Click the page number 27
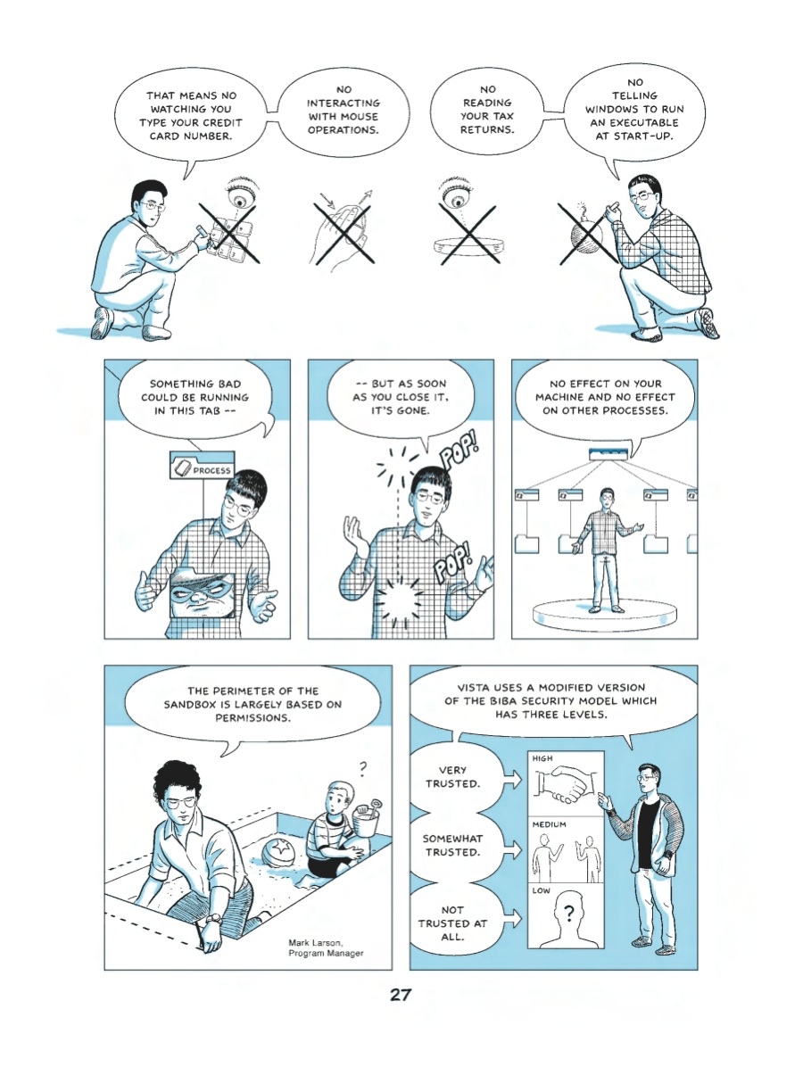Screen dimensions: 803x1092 (401, 995)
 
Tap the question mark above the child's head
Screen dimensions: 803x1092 (362, 769)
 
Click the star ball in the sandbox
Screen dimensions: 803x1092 (279, 852)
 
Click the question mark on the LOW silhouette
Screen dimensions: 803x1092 (568, 912)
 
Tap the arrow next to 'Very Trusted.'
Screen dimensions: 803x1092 (512, 779)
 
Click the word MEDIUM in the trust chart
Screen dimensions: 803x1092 (549, 824)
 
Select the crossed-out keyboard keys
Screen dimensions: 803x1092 (228, 239)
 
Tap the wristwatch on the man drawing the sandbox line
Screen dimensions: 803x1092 (213, 919)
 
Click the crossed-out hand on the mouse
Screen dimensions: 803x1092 (342, 234)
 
